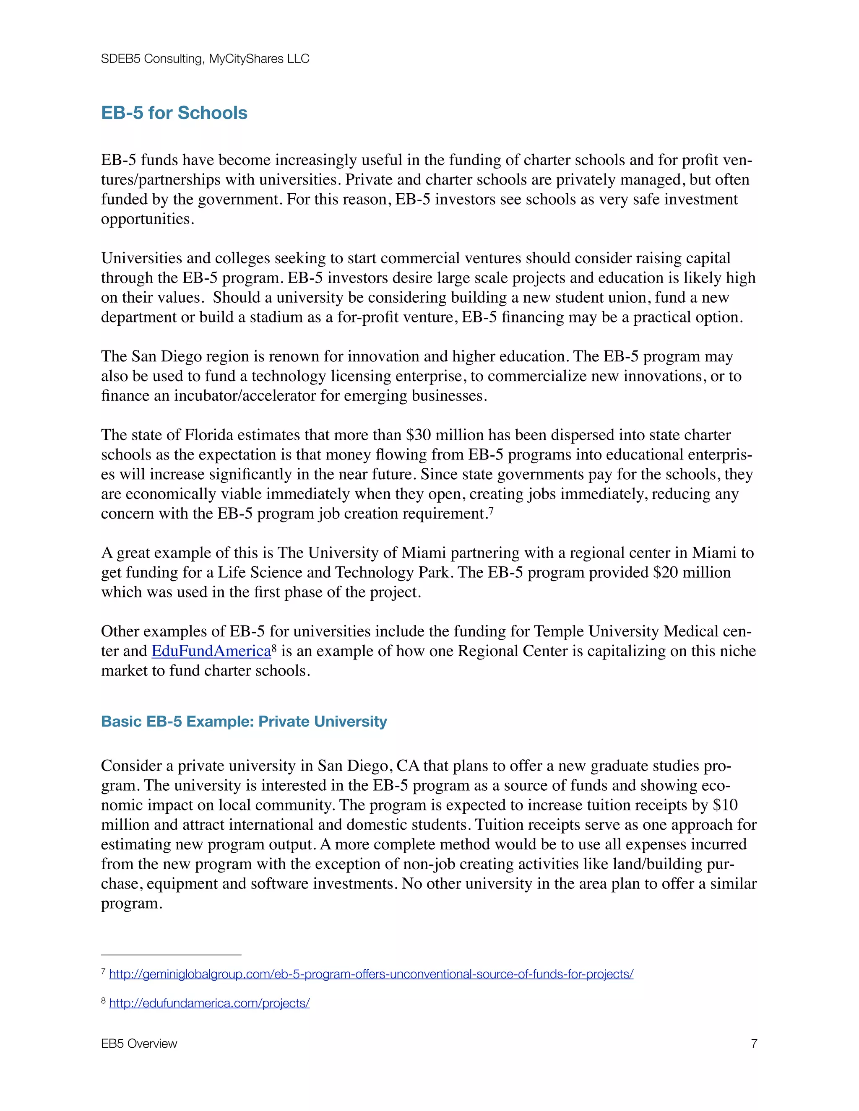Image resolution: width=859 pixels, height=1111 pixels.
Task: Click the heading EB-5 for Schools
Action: coord(174,113)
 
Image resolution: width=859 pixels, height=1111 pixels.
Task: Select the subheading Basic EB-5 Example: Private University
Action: coord(244,722)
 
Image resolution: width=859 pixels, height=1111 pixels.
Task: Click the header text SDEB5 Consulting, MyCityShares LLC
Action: coord(205,59)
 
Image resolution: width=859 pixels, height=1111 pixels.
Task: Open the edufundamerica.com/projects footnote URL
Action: coord(209,1003)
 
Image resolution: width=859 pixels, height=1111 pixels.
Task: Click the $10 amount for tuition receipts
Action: coord(725,805)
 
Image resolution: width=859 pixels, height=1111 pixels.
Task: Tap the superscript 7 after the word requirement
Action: coord(491,510)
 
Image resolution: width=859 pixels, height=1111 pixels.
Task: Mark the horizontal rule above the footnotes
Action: coord(171,955)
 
